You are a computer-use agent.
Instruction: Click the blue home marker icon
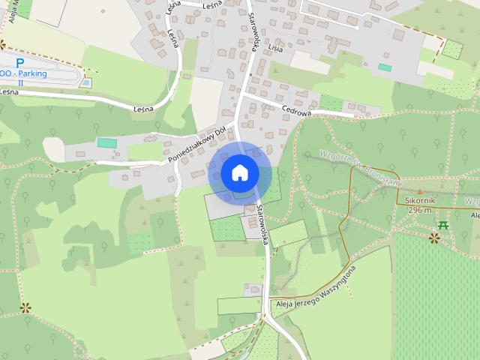239,173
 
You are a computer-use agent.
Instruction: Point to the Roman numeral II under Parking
20,82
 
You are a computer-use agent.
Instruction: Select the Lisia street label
275,48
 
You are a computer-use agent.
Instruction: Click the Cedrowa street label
296,108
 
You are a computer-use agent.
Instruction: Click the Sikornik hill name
419,201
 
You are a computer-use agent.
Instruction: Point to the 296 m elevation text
420,210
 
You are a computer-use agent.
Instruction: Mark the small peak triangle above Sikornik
420,192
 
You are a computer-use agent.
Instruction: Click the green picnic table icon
444,224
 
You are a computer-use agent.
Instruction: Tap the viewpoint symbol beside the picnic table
434,237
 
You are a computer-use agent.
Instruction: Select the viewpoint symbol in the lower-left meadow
25,307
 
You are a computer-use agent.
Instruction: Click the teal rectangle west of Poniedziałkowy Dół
107,142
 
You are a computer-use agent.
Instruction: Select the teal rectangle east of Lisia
385,67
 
